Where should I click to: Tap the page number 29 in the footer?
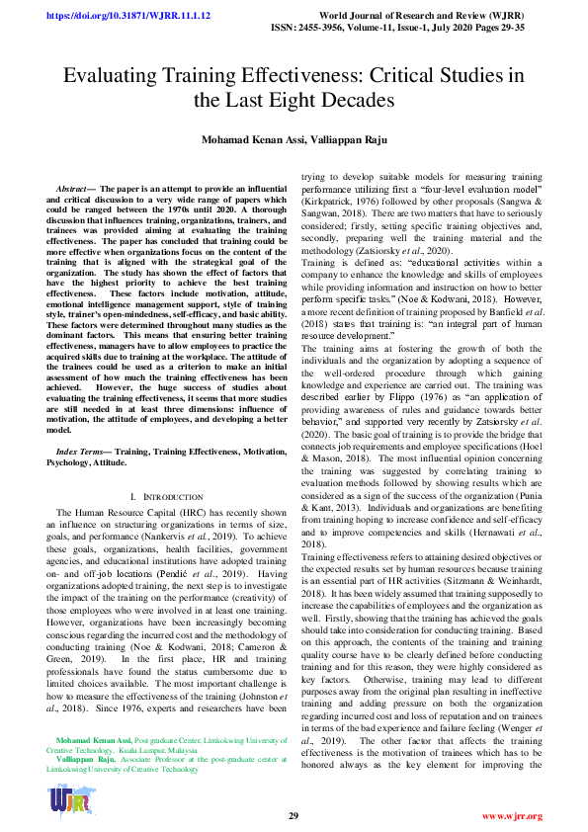tap(294, 816)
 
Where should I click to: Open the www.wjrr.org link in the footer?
tap(511, 816)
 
